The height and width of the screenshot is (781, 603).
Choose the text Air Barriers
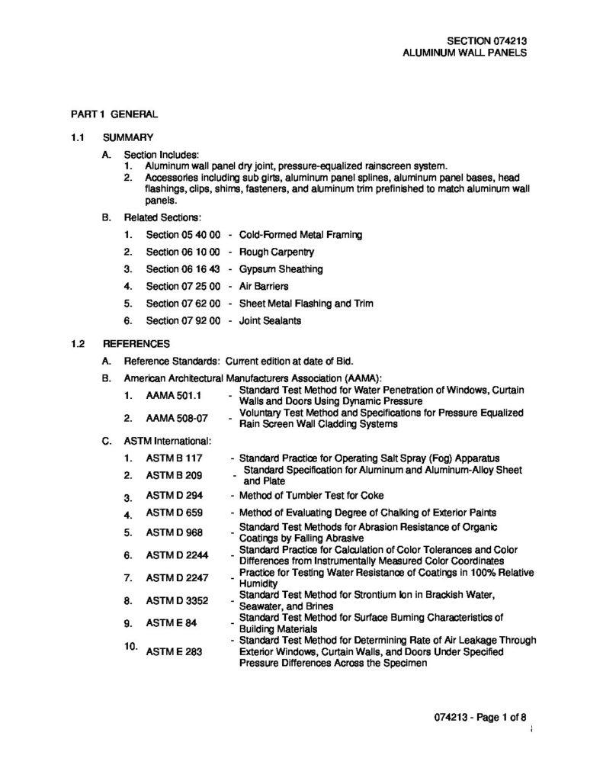264,286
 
